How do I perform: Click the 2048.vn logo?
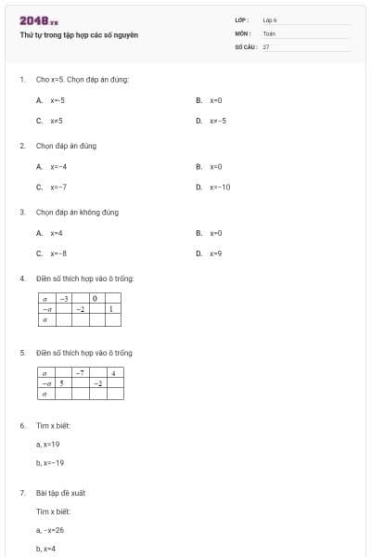(39, 20)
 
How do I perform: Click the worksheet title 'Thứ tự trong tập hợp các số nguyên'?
(79, 34)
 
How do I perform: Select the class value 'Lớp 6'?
(270, 19)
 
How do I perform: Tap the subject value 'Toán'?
(269, 32)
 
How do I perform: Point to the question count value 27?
(266, 45)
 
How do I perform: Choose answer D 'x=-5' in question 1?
(217, 121)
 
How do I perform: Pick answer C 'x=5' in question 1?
(57, 121)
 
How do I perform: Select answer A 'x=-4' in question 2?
(58, 166)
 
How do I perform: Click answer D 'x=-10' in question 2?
(220, 187)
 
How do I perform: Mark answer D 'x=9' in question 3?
(216, 253)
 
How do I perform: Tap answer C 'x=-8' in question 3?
(58, 253)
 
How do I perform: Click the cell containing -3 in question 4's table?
(64, 299)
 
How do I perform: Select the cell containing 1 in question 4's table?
(112, 309)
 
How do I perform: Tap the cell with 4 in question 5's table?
(114, 372)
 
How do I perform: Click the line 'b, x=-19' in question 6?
(50, 462)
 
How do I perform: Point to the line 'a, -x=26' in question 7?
(50, 530)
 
